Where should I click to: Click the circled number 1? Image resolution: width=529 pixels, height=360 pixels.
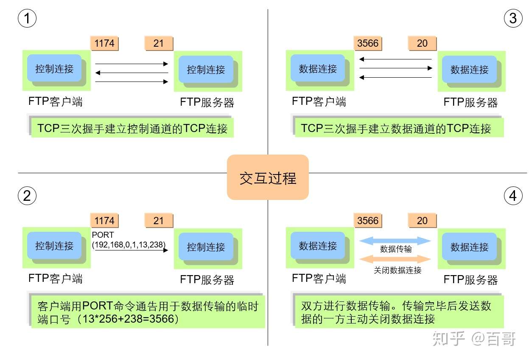coord(27,18)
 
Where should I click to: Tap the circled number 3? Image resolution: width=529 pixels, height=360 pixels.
coord(513,18)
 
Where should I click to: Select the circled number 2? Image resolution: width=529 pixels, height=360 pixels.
coord(27,196)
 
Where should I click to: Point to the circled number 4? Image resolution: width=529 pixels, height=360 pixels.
coord(513,196)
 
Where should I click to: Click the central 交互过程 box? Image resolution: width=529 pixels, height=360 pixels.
coord(268,177)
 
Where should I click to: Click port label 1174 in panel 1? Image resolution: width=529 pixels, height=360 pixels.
coord(104,43)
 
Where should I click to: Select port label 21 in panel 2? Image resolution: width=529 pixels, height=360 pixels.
coord(159,220)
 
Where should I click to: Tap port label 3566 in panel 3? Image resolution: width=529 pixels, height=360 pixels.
coord(368,43)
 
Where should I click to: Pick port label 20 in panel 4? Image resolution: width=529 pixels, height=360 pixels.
coord(422,220)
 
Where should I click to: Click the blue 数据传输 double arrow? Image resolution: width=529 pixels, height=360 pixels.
coord(395,241)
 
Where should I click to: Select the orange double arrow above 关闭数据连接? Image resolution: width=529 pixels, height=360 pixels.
coord(395,259)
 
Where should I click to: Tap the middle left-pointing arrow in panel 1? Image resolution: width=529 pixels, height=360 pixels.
coord(132,73)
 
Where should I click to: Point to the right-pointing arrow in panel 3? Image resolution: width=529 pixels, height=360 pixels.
coord(396,68)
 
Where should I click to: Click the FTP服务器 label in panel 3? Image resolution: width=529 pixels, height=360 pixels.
coord(470,102)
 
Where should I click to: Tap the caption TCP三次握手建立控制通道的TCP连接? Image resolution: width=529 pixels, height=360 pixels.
coord(132,128)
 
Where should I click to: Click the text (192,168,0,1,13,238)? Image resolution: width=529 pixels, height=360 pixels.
coord(129,245)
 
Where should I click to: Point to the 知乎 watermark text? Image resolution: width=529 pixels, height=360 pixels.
coord(448,339)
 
